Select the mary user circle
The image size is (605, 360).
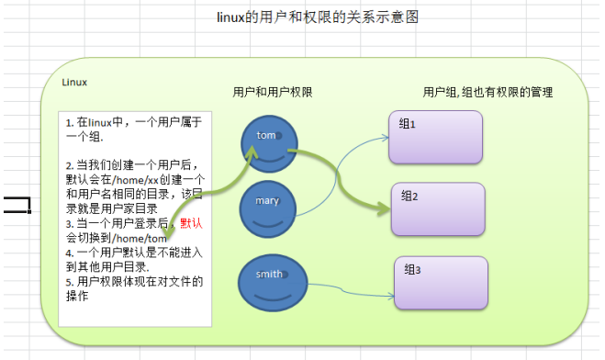(x=268, y=208)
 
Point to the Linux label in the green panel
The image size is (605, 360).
(x=74, y=82)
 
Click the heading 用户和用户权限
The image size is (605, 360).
(x=273, y=93)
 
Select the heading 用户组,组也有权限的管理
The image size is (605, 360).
(x=487, y=93)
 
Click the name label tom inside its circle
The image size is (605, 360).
(x=266, y=136)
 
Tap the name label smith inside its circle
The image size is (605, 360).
(x=269, y=274)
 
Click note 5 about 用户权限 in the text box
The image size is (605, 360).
(x=133, y=287)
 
